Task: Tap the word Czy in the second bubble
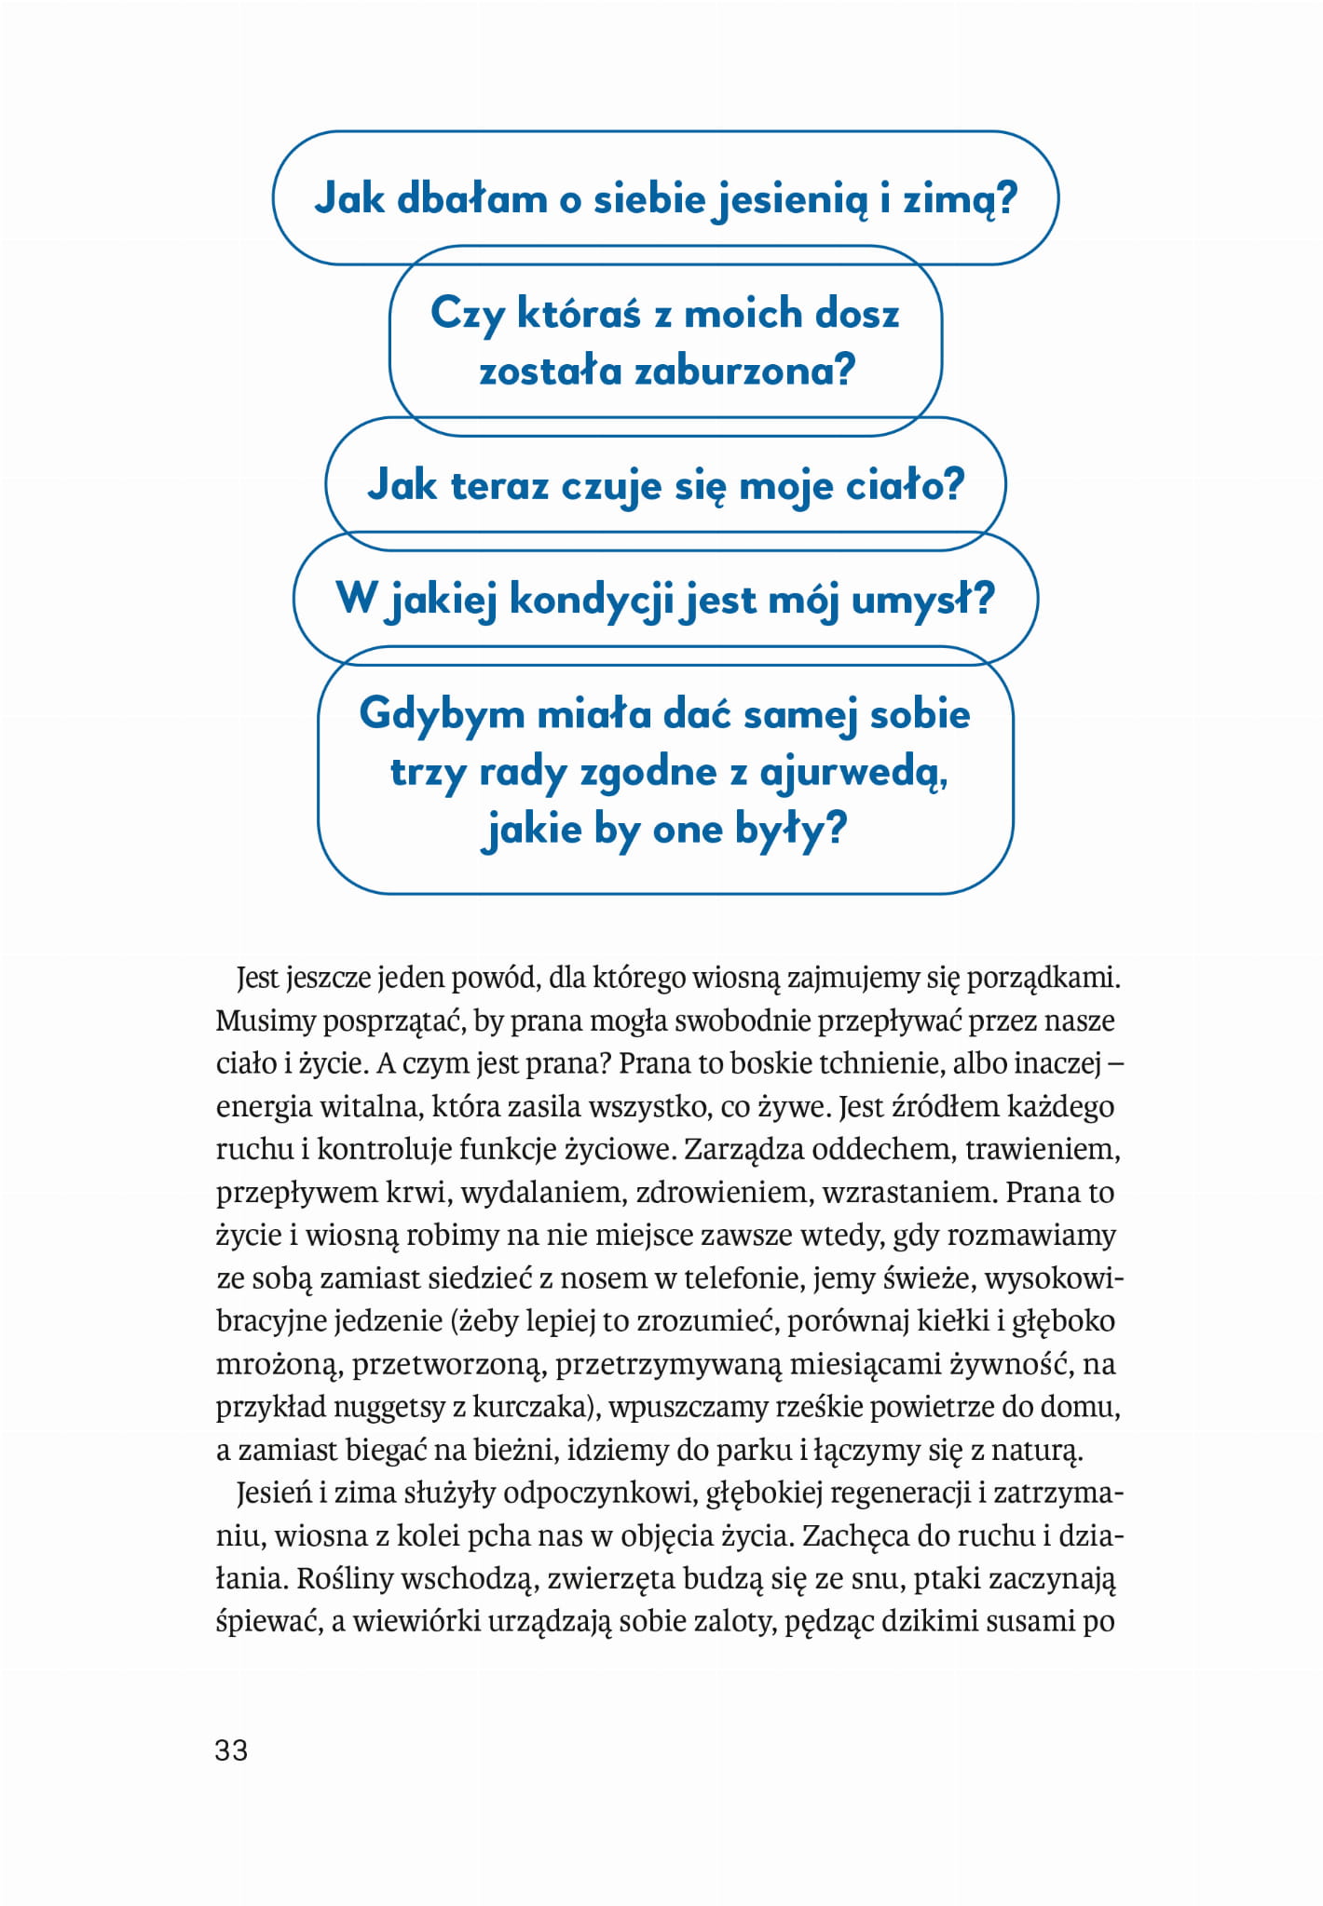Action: [x=467, y=314]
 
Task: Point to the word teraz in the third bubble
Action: [x=498, y=486]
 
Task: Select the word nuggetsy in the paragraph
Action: [x=389, y=1406]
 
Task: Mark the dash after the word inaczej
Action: [x=1118, y=1063]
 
